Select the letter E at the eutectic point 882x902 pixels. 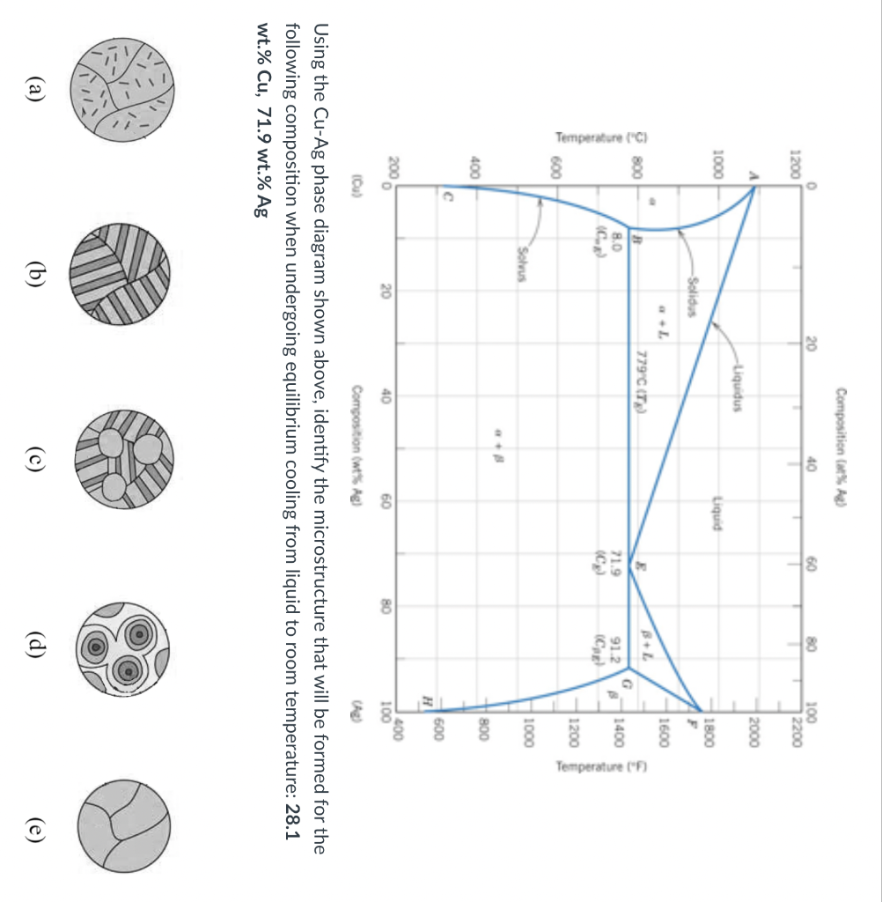pyautogui.click(x=640, y=572)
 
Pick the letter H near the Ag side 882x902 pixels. pyautogui.click(x=426, y=699)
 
